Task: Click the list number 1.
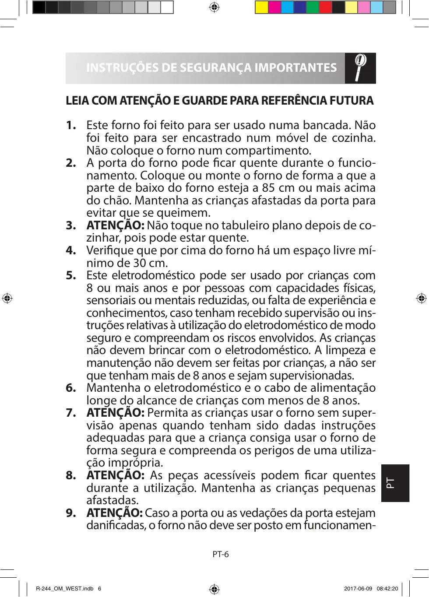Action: click(x=71, y=125)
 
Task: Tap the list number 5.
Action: click(x=71, y=276)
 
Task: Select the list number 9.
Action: click(x=71, y=513)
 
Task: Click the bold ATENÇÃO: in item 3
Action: click(x=115, y=225)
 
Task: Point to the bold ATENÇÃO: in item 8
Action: click(x=115, y=475)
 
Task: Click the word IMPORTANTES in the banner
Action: click(x=295, y=68)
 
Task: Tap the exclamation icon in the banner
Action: click(x=360, y=68)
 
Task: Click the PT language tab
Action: click(x=395, y=483)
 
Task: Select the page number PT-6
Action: click(x=221, y=555)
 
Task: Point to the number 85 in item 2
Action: click(x=268, y=188)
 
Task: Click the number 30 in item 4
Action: click(x=140, y=263)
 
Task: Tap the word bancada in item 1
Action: click(x=325, y=125)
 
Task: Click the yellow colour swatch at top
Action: click(x=262, y=7)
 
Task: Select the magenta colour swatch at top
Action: click(x=274, y=7)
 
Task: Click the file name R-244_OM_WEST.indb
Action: click(x=64, y=589)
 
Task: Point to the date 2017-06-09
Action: click(x=358, y=589)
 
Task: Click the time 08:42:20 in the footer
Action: click(x=387, y=589)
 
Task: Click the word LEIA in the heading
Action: click(x=77, y=101)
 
